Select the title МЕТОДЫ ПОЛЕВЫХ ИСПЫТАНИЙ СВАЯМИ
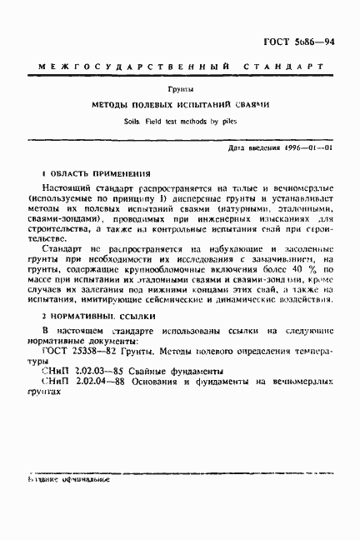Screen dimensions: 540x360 [x=179, y=106]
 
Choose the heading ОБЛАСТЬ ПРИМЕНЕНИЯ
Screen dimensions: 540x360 [x=86, y=172]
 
